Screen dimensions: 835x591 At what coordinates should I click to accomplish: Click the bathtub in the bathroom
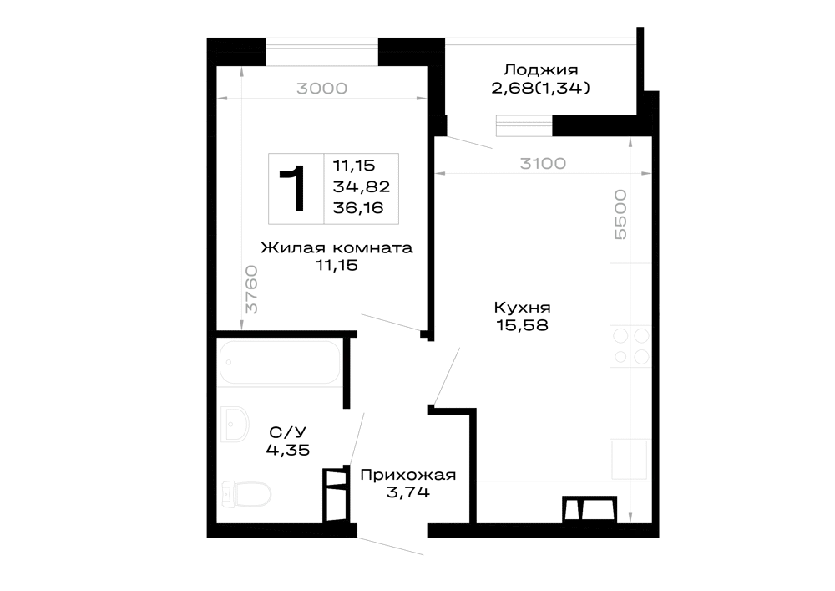(x=280, y=363)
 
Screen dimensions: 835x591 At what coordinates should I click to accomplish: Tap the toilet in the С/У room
(x=246, y=494)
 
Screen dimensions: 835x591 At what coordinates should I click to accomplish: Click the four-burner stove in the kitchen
(x=631, y=346)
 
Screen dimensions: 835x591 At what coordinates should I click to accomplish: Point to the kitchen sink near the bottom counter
(x=630, y=460)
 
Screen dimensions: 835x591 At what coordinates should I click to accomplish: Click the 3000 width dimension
(x=321, y=89)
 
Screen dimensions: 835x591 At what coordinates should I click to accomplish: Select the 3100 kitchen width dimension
(x=543, y=164)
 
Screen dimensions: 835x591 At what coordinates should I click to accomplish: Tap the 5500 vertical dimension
(x=621, y=214)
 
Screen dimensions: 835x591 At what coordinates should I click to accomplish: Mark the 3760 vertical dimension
(x=250, y=289)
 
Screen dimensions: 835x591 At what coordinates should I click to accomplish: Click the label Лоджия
(x=540, y=70)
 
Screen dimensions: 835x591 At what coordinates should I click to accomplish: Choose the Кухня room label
(x=522, y=308)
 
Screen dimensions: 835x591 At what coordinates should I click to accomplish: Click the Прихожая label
(x=408, y=475)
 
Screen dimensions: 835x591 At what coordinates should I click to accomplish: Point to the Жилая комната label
(x=337, y=247)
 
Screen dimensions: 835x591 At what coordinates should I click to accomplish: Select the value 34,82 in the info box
(x=361, y=187)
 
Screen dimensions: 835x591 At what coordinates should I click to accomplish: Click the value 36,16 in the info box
(x=358, y=208)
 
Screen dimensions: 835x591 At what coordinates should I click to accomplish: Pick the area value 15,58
(x=522, y=325)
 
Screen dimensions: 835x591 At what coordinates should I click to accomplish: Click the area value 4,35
(x=287, y=451)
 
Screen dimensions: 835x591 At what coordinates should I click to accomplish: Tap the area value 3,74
(x=408, y=492)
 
